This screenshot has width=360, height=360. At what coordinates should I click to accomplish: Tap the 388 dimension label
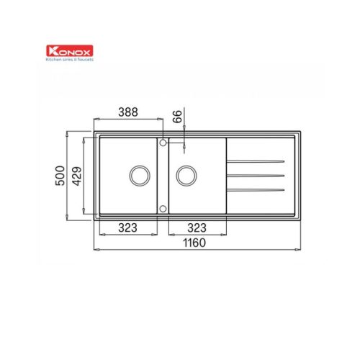pos(128,112)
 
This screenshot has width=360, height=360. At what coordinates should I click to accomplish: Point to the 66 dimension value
pos(178,117)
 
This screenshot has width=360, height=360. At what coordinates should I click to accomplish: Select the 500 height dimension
pos(60,176)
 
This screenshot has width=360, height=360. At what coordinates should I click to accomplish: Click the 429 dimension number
pos(77,176)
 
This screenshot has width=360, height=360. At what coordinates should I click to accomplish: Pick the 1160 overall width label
pos(194,243)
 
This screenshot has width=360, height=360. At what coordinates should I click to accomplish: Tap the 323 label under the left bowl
pos(127,228)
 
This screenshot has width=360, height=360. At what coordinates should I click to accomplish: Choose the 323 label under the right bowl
pos(197,228)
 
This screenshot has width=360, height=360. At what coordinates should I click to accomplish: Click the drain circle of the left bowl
pos(140,166)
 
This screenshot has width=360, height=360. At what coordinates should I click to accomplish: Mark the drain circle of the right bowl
pos(186,166)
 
